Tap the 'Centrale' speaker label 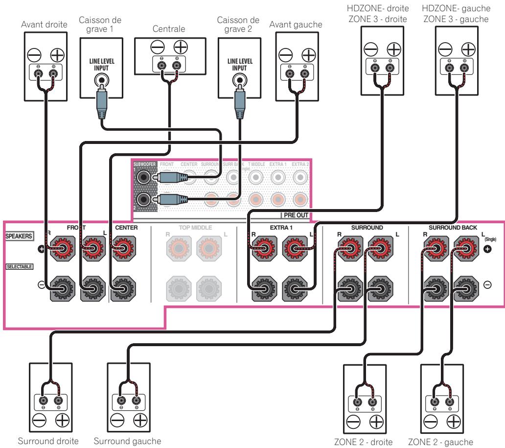[169, 28]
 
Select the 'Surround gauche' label [128, 441]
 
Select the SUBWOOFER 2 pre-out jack [144, 200]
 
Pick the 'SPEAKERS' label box [19, 236]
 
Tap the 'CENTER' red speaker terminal [121, 249]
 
